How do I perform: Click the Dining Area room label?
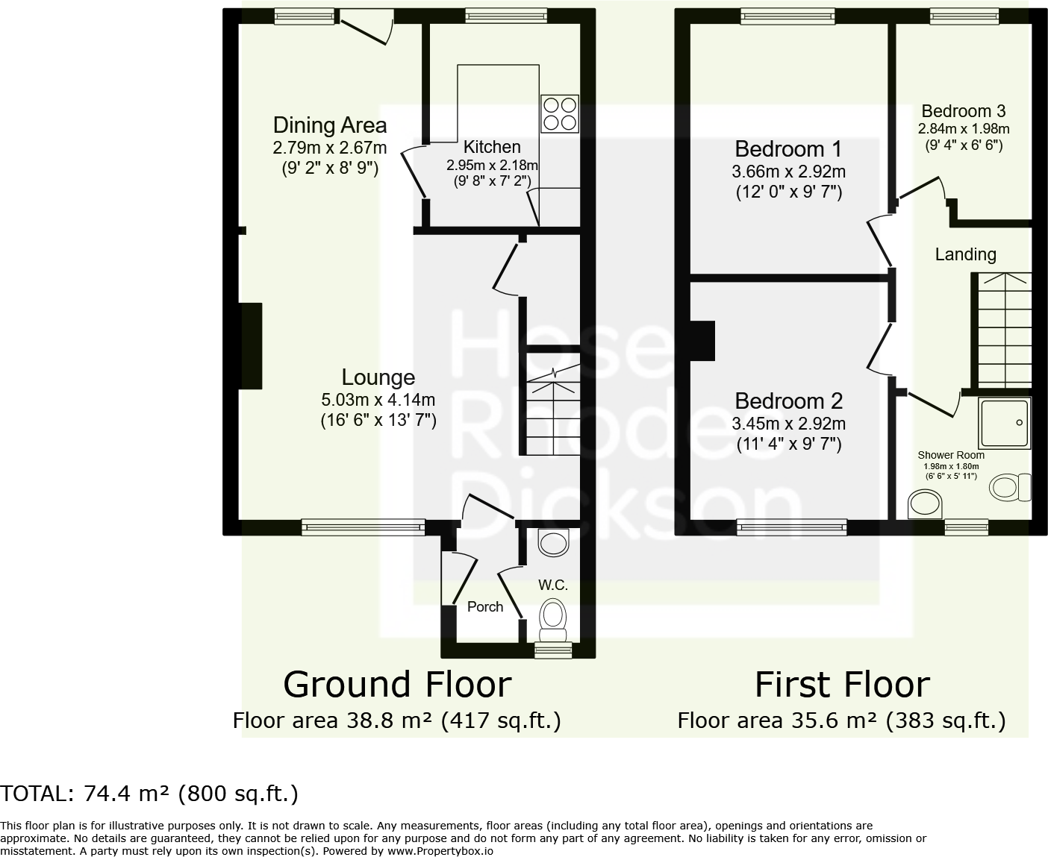(330, 125)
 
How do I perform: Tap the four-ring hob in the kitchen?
(560, 114)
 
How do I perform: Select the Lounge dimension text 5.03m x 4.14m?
(378, 400)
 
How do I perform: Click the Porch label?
(485, 606)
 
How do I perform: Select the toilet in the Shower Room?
(1008, 488)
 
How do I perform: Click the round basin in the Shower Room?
(926, 505)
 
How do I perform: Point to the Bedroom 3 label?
(963, 111)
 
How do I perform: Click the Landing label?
(965, 254)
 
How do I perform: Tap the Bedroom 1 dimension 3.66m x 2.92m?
(788, 172)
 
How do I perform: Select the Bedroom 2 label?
(788, 401)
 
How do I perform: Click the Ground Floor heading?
(397, 685)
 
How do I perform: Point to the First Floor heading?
(842, 685)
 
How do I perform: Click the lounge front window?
(364, 527)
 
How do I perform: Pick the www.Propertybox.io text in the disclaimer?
(440, 850)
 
